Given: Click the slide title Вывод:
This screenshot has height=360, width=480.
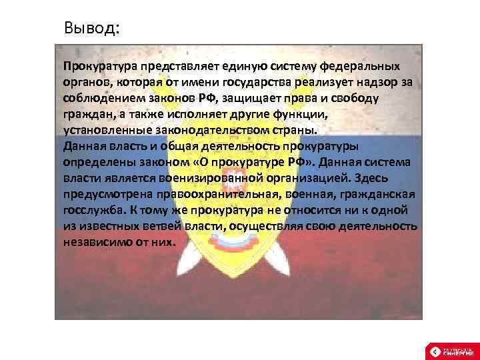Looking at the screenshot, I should click(92, 29).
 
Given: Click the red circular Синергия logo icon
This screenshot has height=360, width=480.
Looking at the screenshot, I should click(434, 351).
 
